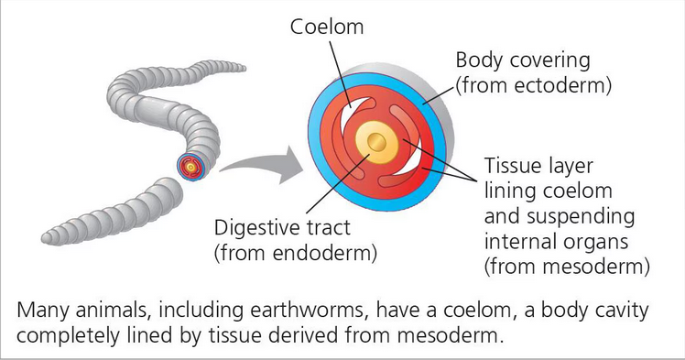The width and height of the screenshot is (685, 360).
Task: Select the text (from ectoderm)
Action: (532, 87)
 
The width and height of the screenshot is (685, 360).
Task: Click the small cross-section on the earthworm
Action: (190, 168)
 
